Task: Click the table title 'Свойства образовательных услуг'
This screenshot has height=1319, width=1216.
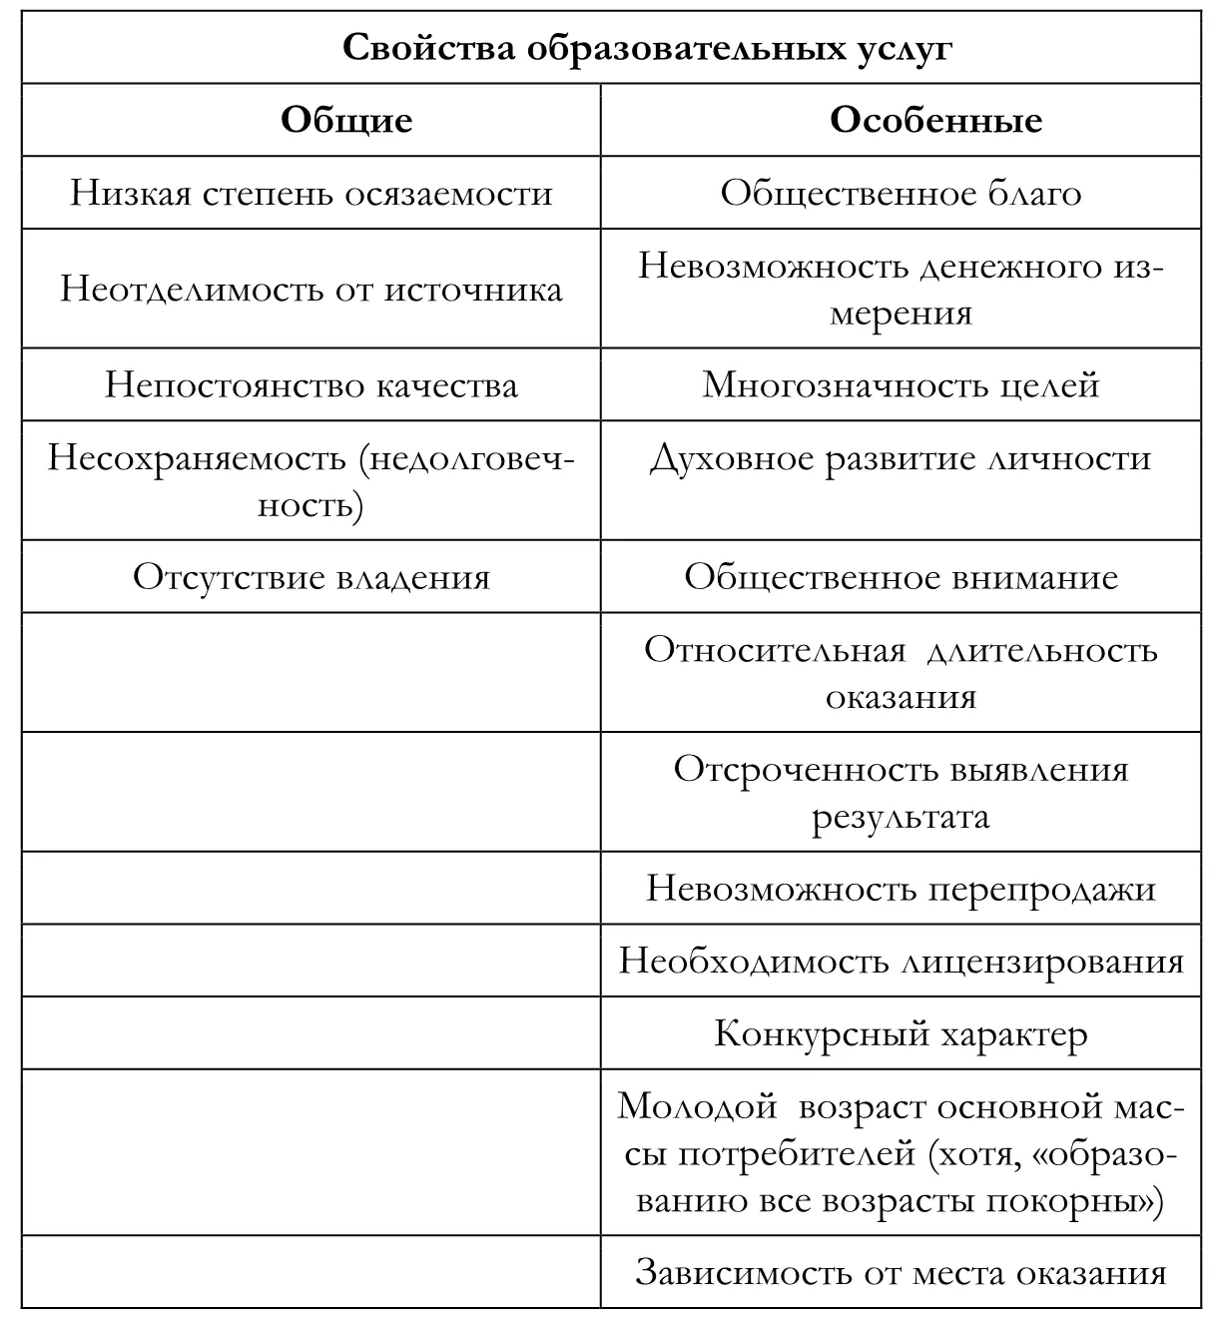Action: [647, 47]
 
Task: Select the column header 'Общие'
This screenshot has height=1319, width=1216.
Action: [346, 120]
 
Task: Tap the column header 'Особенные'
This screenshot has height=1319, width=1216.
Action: [935, 120]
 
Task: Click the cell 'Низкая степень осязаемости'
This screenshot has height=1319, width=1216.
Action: [310, 192]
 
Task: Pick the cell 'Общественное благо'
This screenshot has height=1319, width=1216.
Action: [901, 192]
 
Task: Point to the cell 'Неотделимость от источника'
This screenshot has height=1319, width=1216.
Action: [310, 289]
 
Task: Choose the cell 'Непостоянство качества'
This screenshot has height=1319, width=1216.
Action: [310, 384]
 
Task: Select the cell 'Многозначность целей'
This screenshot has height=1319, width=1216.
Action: [901, 384]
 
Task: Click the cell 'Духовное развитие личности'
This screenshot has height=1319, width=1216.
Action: [901, 457]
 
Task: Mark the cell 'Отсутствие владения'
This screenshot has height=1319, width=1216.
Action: [310, 577]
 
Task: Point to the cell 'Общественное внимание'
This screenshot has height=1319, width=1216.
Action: [901, 577]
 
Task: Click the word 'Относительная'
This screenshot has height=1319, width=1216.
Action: [774, 650]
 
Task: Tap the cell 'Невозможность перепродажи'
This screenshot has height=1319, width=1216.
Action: [901, 889]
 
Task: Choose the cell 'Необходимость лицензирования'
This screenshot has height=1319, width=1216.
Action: [901, 961]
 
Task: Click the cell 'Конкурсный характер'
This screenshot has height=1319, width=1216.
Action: [901, 1033]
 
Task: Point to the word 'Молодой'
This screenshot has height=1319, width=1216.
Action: [697, 1106]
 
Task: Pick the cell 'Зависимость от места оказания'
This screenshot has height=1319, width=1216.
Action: [901, 1272]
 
